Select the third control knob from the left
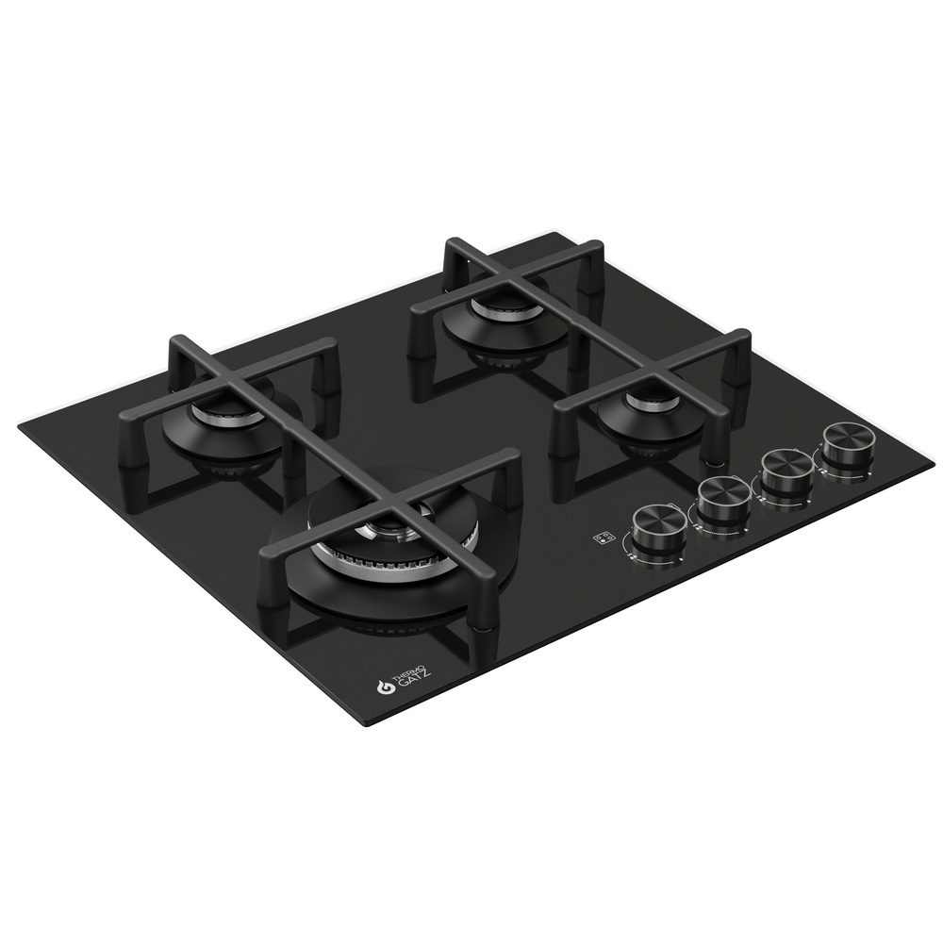[x=786, y=468]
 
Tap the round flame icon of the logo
[x=385, y=688]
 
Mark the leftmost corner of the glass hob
[x=21, y=427]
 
